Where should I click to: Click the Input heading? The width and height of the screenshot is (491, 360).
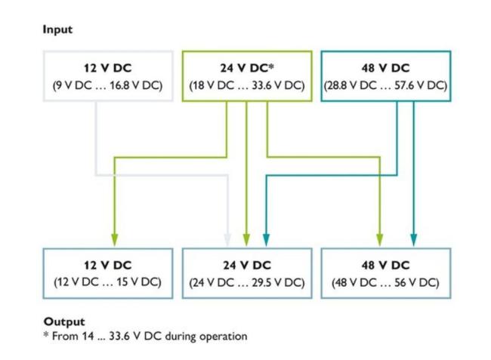click(57, 29)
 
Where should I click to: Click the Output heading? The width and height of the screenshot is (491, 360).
click(63, 322)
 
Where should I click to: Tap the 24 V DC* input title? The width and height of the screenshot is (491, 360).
click(246, 69)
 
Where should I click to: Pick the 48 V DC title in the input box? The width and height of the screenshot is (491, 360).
click(385, 69)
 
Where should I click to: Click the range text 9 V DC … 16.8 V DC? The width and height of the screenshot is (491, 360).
click(107, 85)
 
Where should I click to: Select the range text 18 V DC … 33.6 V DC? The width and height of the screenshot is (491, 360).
click(246, 85)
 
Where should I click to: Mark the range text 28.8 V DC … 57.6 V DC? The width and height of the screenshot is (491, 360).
click(385, 85)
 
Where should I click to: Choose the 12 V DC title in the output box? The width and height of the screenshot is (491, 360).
click(107, 265)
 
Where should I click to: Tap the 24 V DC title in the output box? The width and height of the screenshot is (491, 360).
click(246, 265)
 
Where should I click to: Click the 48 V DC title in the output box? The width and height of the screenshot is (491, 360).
click(385, 265)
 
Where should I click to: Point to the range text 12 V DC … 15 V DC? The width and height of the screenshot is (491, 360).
click(107, 282)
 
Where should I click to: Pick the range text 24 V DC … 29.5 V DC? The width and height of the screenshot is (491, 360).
click(246, 282)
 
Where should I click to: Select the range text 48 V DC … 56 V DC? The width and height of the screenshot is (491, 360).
click(385, 282)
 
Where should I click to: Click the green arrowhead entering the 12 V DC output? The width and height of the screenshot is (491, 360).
click(114, 239)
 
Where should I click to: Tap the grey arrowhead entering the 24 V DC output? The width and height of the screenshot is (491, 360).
click(229, 239)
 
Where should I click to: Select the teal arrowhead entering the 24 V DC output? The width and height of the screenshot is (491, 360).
click(266, 239)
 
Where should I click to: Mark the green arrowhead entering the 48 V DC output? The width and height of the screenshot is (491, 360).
click(380, 239)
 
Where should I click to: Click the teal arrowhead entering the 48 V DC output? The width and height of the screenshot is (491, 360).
click(413, 239)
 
